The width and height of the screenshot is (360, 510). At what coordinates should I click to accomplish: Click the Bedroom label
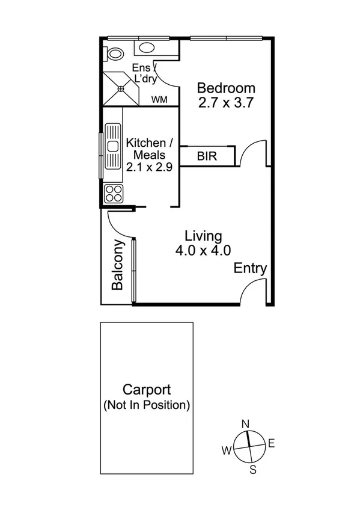[227, 88]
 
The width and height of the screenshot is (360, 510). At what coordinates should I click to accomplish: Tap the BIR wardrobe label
[207, 156]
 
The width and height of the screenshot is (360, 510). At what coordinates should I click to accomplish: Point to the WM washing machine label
[159, 99]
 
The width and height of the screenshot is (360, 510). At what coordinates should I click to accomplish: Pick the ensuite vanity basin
[146, 49]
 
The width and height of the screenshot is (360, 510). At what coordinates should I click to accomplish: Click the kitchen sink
[112, 146]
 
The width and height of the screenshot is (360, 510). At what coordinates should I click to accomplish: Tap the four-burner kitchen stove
[113, 193]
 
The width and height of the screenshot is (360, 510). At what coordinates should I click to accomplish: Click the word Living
[203, 235]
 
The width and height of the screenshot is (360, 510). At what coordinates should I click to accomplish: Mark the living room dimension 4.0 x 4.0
[203, 250]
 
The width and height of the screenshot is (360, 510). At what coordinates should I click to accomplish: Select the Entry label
[250, 268]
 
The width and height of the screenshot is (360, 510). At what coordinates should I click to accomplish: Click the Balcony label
[118, 265]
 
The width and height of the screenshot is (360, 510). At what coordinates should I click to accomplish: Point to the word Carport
[147, 390]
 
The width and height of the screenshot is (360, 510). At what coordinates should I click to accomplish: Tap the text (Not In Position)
[147, 405]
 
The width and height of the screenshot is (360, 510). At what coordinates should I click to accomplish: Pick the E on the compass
[271, 444]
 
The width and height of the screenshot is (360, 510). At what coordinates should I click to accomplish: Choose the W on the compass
[227, 450]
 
